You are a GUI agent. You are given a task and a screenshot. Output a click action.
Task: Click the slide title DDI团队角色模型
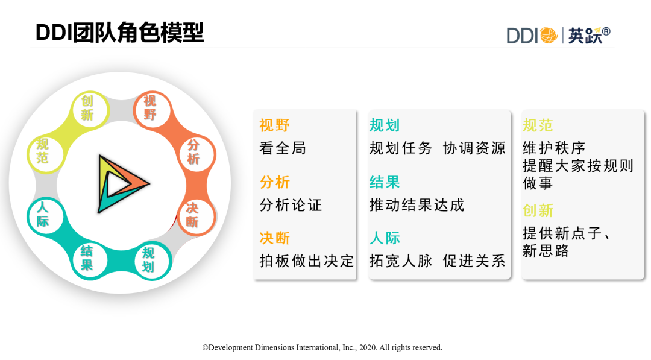pyautogui.click(x=119, y=33)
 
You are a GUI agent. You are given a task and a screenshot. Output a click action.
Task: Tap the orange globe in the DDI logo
pyautogui.click(x=549, y=36)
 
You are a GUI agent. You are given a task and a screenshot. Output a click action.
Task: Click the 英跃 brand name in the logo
pyautogui.click(x=585, y=36)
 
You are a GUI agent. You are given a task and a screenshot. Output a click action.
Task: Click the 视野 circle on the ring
pyautogui.click(x=151, y=108)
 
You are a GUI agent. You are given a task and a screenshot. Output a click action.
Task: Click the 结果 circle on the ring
pyautogui.click(x=88, y=259)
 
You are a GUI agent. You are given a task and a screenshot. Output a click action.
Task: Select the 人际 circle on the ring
pyautogui.click(x=44, y=215)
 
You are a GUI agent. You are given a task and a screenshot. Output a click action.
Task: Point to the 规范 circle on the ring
pyautogui.click(x=43, y=151)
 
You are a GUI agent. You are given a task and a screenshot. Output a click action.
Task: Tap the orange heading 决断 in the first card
pyautogui.click(x=274, y=238)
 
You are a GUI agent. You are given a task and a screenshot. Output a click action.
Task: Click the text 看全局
pyautogui.click(x=283, y=148)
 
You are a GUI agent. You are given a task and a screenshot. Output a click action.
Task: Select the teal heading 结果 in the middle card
pyautogui.click(x=385, y=182)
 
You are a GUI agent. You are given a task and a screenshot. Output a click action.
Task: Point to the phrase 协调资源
pyautogui.click(x=474, y=148)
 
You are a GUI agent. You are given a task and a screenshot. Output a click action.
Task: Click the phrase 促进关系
pyautogui.click(x=474, y=261)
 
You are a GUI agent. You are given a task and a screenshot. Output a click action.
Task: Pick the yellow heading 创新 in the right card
pyautogui.click(x=538, y=211)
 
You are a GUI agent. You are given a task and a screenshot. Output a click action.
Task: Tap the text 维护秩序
pyautogui.click(x=554, y=148)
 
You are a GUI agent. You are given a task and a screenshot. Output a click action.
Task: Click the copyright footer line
pyautogui.click(x=322, y=347)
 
